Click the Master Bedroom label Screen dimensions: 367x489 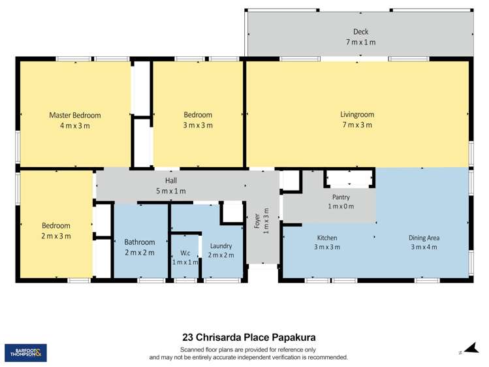[x=75, y=115]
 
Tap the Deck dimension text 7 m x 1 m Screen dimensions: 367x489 [x=360, y=42]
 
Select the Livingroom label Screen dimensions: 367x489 [x=357, y=115]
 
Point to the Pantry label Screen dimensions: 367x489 [x=341, y=197]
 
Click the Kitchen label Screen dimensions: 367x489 [x=327, y=238]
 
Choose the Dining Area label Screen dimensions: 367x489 [x=424, y=238]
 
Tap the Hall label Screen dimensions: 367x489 [x=170, y=181]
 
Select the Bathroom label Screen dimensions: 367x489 [x=140, y=242]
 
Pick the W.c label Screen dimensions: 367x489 [x=185, y=253]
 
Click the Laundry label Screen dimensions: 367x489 [x=221, y=246]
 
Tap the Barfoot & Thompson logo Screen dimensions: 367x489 [x=25, y=353]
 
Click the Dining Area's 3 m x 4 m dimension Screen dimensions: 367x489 [x=424, y=247]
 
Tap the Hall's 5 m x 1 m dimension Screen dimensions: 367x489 [x=170, y=191]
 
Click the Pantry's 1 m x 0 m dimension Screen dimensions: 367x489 [x=341, y=206]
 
